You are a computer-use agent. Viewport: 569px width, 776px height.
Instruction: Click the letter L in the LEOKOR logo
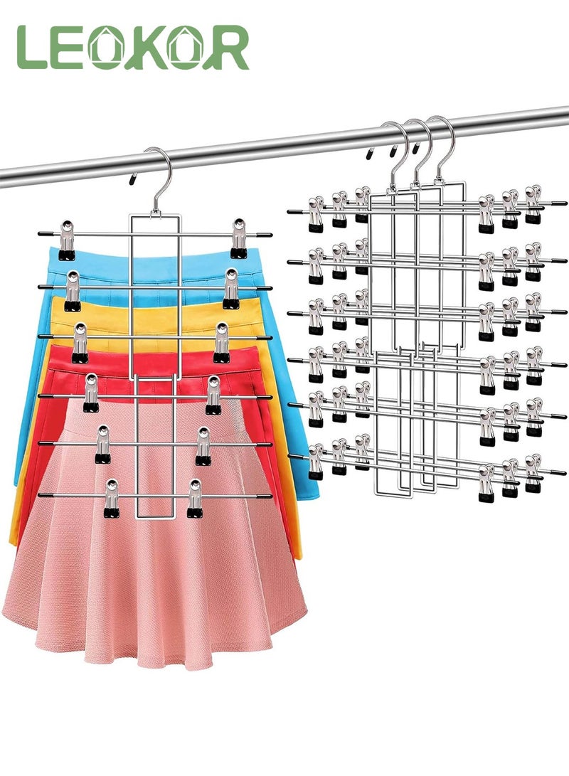tap(31, 48)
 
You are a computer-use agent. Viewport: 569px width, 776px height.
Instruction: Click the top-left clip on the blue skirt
tap(68, 240)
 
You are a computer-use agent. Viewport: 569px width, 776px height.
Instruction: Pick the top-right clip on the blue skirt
tap(239, 238)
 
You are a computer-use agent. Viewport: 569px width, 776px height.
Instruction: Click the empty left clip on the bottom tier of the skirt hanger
tap(112, 499)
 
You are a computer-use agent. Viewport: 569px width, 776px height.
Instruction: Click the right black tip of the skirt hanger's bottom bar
tap(265, 495)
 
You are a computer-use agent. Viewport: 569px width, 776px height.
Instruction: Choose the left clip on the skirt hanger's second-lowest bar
tap(102, 445)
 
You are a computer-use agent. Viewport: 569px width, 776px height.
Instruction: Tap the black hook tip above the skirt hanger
tap(132, 178)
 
